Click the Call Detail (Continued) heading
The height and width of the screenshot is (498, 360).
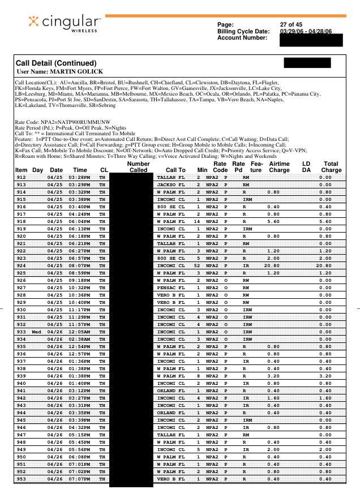point(56,63)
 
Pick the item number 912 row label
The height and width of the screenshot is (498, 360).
point(21,177)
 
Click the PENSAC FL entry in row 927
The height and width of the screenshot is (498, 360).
point(170,287)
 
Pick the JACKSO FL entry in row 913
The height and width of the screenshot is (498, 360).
point(170,184)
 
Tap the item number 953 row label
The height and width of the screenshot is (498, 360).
point(21,479)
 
